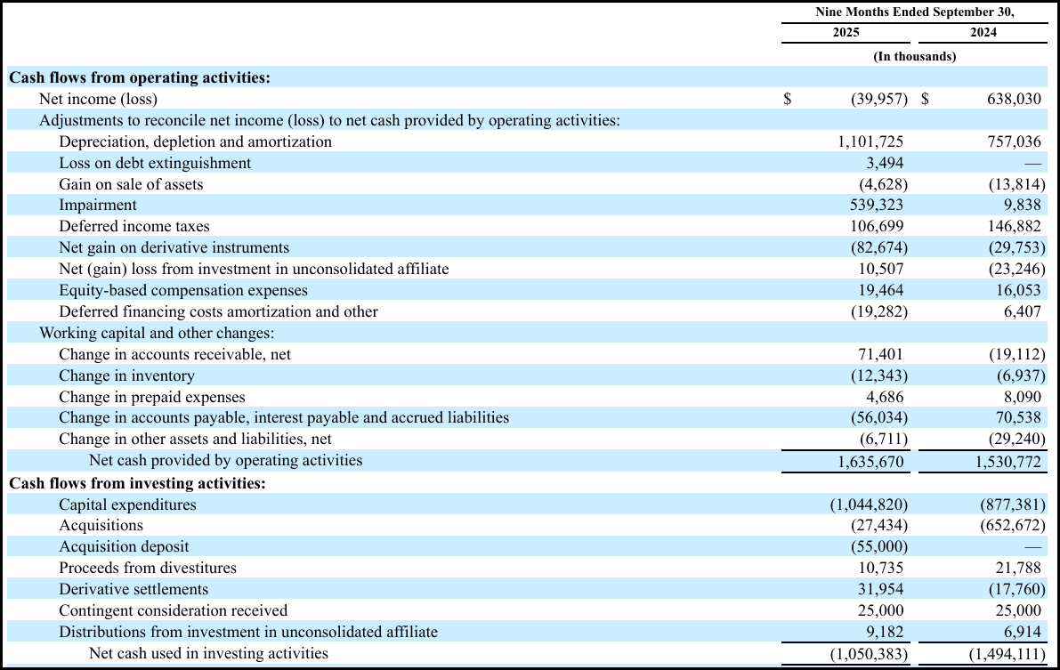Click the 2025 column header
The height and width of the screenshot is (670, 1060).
point(846,33)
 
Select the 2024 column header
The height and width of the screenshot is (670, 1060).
point(983,33)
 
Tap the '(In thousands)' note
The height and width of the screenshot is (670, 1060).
point(914,56)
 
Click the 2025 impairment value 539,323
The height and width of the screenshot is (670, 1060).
point(876,206)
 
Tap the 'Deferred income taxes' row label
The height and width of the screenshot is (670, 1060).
point(134,227)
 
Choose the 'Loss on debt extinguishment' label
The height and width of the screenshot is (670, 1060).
point(155,163)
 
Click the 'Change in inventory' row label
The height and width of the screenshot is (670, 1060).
point(126,375)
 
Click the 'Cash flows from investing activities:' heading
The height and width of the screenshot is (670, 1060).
point(137,483)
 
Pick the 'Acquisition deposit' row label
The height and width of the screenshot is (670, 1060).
point(124,546)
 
